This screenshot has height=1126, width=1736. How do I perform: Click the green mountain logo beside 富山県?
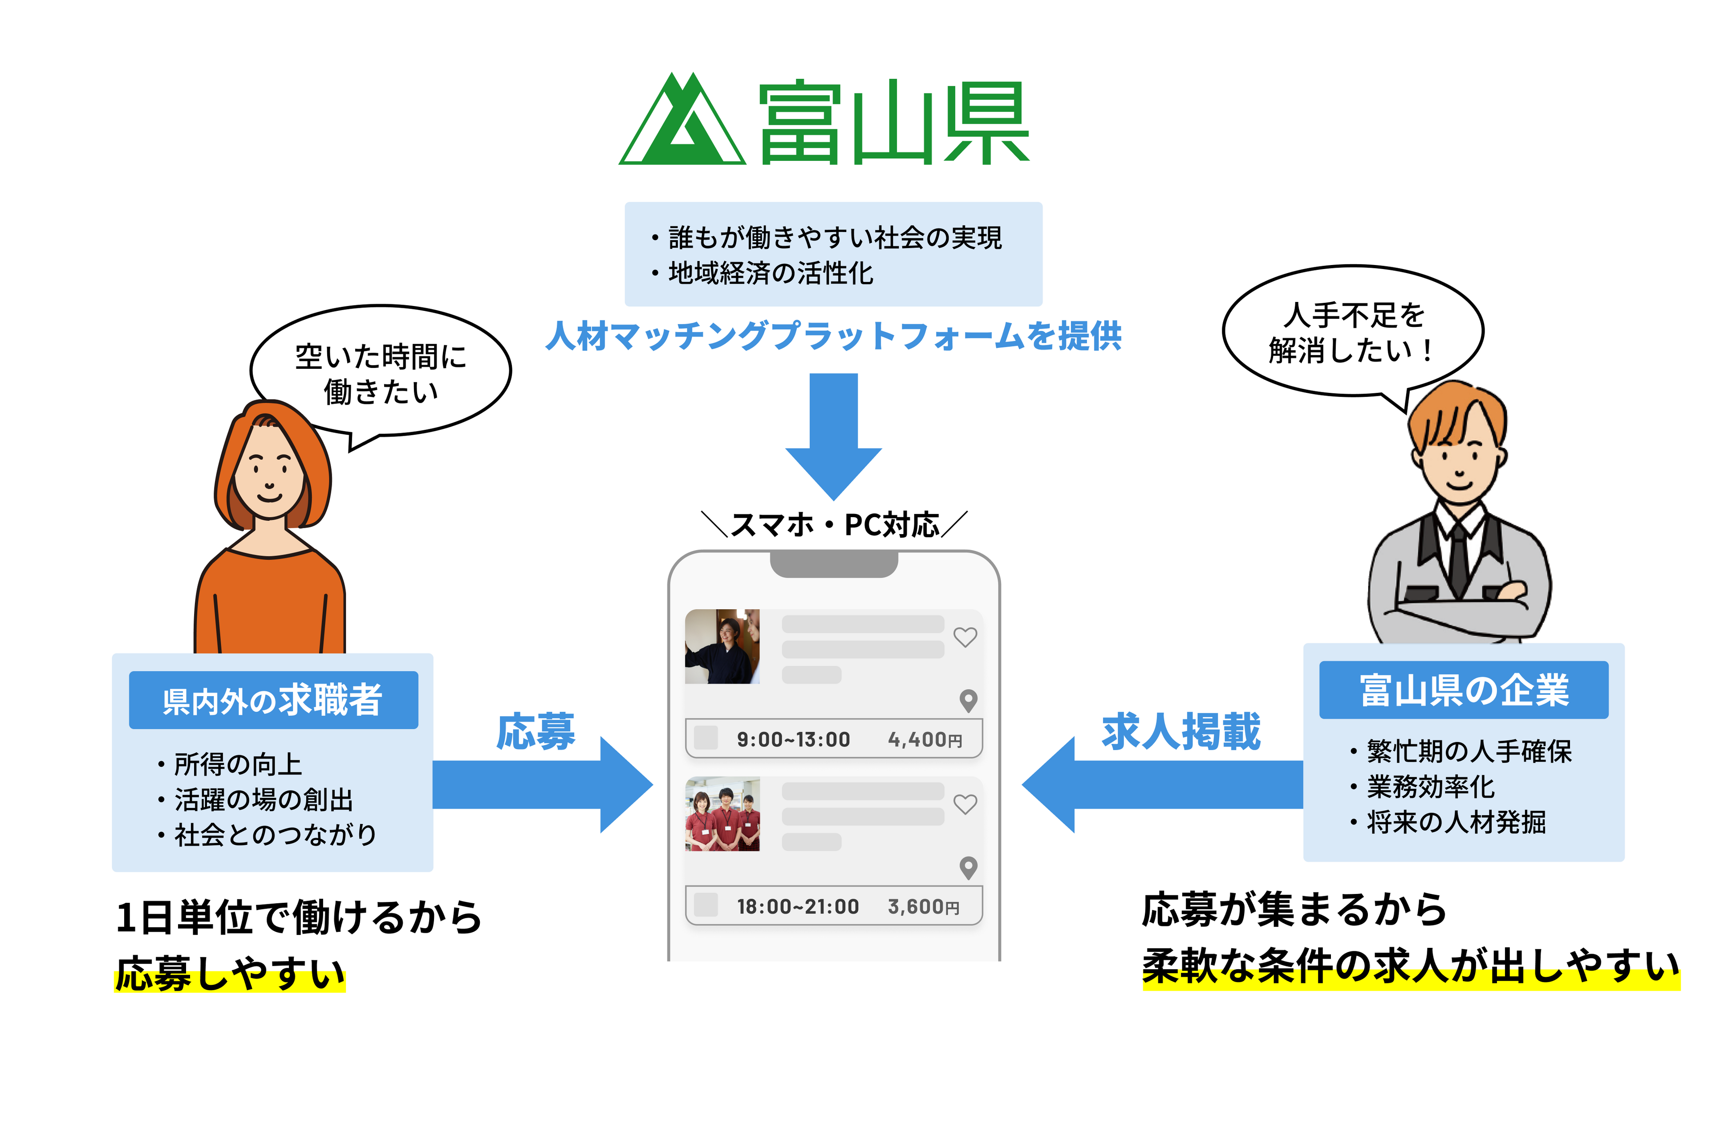pyautogui.click(x=682, y=120)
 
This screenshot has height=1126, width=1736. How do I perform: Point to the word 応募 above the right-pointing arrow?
pyautogui.click(x=536, y=731)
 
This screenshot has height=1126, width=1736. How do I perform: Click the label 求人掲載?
pyautogui.click(x=1181, y=731)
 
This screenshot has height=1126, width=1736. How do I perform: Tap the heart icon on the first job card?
pyautogui.click(x=965, y=637)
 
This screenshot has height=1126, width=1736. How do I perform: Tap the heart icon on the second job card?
pyautogui.click(x=965, y=804)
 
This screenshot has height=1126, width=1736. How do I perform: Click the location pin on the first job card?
pyautogui.click(x=968, y=701)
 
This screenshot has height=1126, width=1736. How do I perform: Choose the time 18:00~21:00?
pyautogui.click(x=798, y=907)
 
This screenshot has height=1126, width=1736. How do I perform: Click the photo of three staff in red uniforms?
pyautogui.click(x=722, y=814)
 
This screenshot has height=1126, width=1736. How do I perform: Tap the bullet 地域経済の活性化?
pyautogui.click(x=770, y=273)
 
